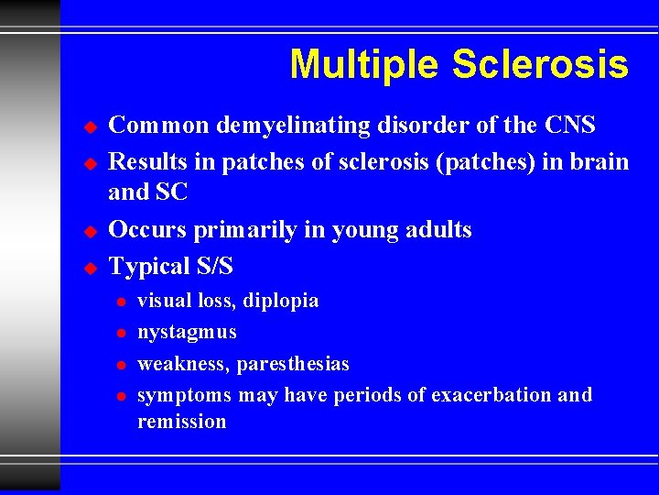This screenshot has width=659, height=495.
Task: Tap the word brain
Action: click(x=596, y=162)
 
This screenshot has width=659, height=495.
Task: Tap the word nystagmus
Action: click(x=187, y=332)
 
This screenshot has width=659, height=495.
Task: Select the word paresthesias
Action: click(x=293, y=364)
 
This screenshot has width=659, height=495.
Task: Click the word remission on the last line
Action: click(x=181, y=422)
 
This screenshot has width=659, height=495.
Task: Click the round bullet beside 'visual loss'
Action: click(x=119, y=302)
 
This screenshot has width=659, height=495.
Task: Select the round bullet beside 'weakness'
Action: click(x=119, y=365)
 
